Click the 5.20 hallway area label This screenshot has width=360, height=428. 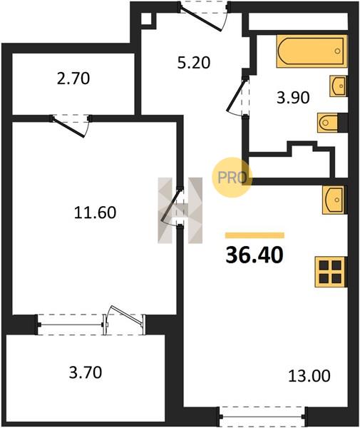click(194, 63)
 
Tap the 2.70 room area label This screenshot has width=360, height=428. click(73, 78)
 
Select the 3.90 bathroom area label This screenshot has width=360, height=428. click(293, 98)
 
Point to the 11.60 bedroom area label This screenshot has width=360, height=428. click(96, 213)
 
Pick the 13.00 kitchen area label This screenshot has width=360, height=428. click(309, 376)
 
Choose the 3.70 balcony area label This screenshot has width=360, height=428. click(86, 372)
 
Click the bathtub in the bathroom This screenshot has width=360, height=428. click(312, 51)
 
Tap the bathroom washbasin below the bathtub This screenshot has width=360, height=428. click(339, 86)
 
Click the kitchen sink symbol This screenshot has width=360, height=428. click(334, 200)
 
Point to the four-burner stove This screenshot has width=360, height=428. click(331, 272)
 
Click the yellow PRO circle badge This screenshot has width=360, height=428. click(232, 178)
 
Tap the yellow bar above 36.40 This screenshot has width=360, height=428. click(254, 235)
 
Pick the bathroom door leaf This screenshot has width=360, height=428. click(236, 95)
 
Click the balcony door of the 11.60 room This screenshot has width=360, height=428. click(125, 319)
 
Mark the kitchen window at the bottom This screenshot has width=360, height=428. click(262, 417)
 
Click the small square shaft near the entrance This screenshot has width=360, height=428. click(146, 19)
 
